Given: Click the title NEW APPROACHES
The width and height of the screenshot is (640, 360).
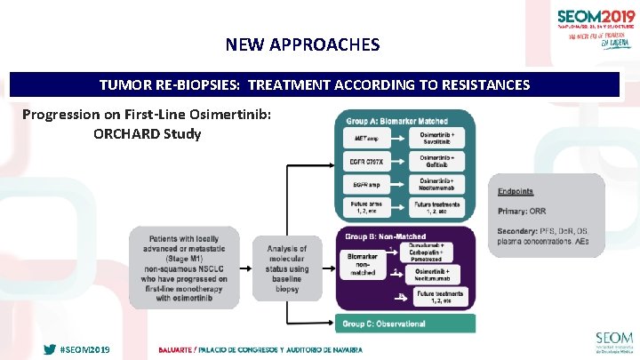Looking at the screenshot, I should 302,44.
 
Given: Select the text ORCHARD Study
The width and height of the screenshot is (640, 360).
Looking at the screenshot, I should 147,134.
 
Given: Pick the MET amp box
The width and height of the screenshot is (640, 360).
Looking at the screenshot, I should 367,140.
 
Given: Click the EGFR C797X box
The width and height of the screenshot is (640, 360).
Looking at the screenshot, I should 367,163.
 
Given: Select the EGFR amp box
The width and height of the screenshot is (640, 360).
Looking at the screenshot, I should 367,185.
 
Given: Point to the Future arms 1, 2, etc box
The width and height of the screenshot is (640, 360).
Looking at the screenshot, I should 367,208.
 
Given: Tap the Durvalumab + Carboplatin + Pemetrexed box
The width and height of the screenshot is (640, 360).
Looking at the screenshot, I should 441,252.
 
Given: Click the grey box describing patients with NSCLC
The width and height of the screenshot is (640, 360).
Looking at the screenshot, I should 183,268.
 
